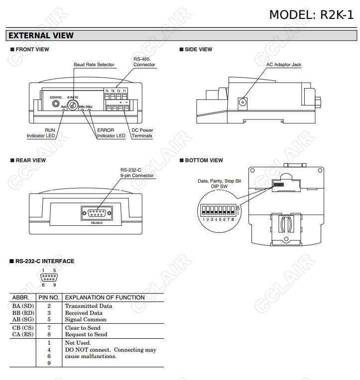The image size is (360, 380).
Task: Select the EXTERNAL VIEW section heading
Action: click(x=41, y=35)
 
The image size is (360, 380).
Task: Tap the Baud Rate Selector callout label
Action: click(x=94, y=65)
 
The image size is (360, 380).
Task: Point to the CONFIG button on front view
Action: click(x=56, y=104)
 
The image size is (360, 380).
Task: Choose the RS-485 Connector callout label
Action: click(x=144, y=62)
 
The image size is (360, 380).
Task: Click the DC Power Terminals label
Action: click(x=142, y=133)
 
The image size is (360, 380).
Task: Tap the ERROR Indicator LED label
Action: click(x=111, y=133)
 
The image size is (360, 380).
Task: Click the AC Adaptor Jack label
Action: click(x=283, y=65)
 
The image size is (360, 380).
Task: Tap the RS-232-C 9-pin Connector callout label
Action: click(x=137, y=173)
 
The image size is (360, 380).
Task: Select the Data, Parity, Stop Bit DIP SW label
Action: click(x=219, y=184)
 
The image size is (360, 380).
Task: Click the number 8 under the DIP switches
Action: click(x=233, y=219)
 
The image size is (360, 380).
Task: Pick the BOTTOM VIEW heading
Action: click(x=204, y=160)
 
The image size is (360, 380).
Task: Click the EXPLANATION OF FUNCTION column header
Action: click(x=105, y=297)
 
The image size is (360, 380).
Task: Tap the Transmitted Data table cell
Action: click(x=89, y=306)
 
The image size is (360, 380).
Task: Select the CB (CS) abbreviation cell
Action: click(x=23, y=328)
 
